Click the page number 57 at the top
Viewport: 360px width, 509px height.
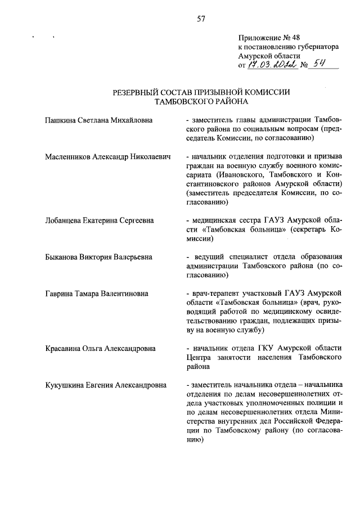coord(201,19)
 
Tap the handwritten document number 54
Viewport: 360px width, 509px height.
coord(320,65)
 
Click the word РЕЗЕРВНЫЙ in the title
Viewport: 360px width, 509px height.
coord(134,92)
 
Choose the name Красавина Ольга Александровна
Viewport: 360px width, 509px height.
coord(100,348)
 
